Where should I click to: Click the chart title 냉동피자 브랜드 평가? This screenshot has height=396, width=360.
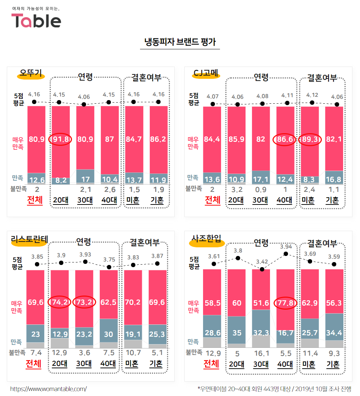180,42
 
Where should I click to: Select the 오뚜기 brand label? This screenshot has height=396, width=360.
30,73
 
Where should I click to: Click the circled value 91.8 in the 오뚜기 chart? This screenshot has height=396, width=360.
60,139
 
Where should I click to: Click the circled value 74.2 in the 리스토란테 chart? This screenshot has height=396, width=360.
60,302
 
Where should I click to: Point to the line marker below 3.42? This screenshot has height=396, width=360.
262,269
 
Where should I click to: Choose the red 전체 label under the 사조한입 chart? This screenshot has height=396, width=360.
211,364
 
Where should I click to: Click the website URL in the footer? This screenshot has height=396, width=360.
48,389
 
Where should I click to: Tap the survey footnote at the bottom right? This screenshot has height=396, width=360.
274,389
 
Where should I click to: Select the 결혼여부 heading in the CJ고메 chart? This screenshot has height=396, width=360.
322,78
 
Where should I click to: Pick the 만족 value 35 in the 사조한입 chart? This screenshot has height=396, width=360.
237,333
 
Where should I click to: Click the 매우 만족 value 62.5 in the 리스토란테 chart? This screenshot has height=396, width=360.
108,302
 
